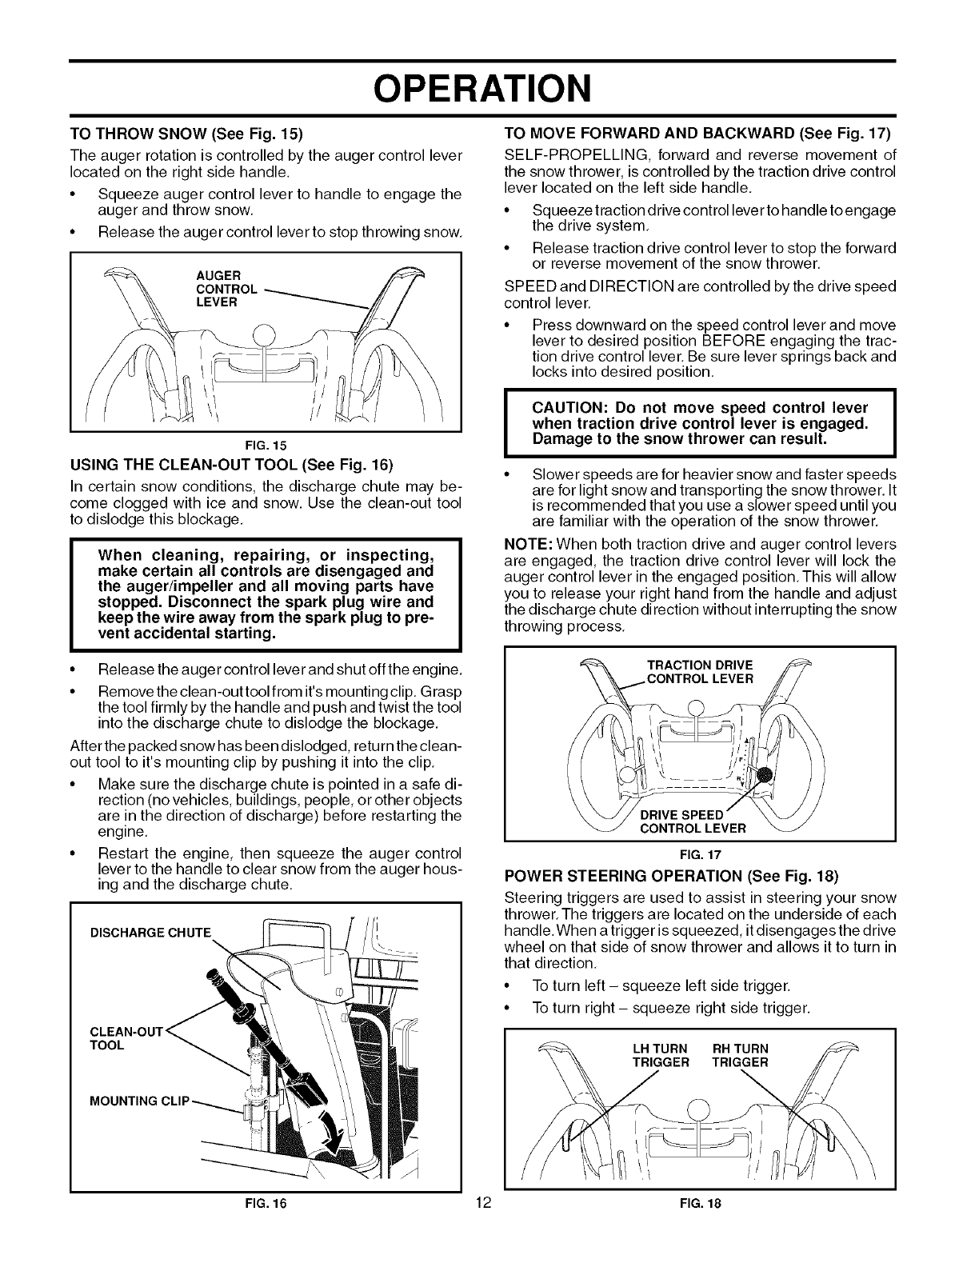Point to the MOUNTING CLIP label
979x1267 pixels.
click(141, 1099)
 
